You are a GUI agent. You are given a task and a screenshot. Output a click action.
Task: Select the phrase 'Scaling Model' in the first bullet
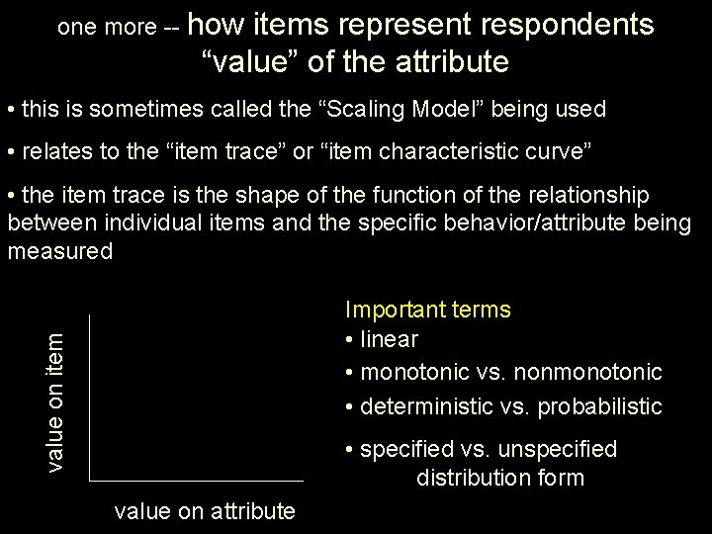[381, 109]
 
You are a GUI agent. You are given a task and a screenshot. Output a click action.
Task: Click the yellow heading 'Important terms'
[427, 310]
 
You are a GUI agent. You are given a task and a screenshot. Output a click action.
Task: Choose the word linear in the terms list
[390, 339]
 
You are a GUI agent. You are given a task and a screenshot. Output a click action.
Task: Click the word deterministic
[426, 405]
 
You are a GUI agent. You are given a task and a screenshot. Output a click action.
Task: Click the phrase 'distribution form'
[500, 478]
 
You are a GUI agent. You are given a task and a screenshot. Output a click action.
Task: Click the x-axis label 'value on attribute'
[205, 511]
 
